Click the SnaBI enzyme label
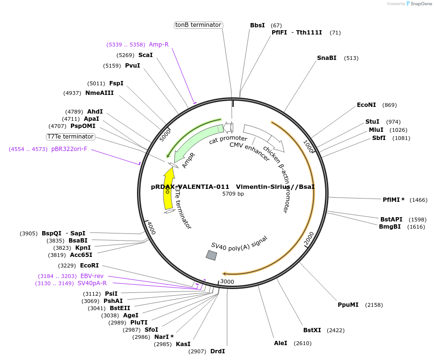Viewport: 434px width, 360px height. (326, 58)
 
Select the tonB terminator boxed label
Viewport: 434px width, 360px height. (198, 25)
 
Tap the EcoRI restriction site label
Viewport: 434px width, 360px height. (89, 265)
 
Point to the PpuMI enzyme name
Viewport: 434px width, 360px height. (348, 304)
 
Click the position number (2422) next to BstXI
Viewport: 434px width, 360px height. (335, 330)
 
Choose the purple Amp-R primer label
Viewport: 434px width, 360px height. (159, 45)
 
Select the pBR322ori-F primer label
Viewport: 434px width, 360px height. (69, 149)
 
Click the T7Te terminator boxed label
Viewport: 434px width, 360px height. (70, 137)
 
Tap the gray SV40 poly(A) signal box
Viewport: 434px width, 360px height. (211, 255)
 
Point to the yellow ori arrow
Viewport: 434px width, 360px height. (169, 188)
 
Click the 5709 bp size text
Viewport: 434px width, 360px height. (233, 194)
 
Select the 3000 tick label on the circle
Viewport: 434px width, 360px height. (227, 282)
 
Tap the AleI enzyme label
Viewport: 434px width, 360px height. (281, 343)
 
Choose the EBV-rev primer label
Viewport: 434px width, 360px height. (92, 276)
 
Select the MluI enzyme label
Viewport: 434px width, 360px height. (376, 130)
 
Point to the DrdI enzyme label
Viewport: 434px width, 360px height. (217, 351)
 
